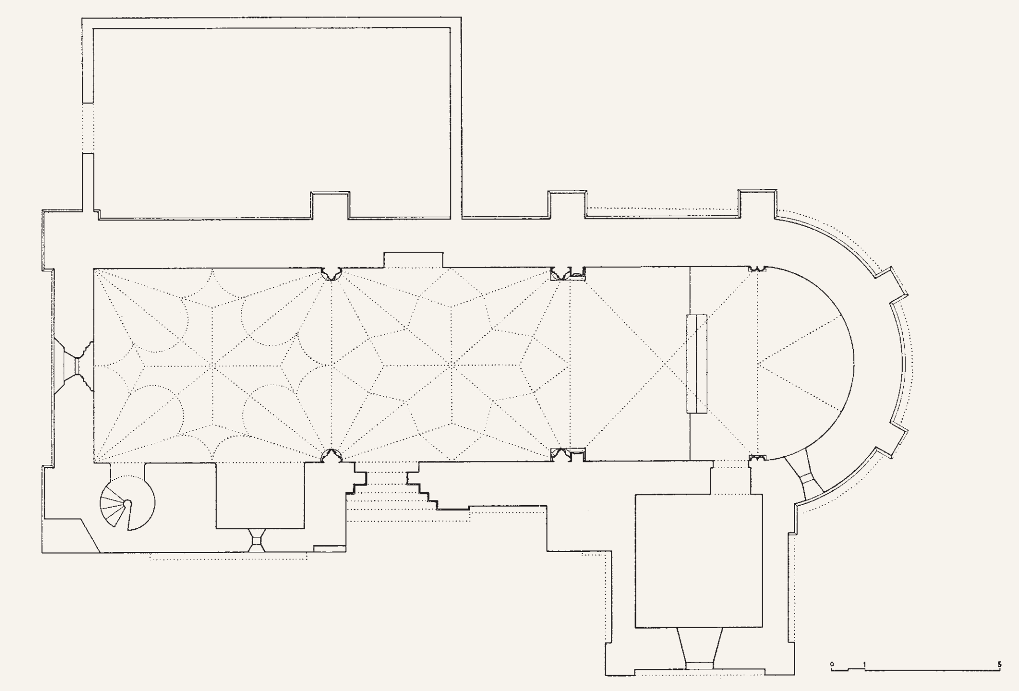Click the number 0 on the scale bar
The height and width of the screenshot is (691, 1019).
click(x=832, y=664)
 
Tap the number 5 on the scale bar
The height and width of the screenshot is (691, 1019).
click(x=999, y=664)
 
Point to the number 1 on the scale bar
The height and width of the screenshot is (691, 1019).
click(x=865, y=664)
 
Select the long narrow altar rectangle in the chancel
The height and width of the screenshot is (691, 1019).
click(x=697, y=364)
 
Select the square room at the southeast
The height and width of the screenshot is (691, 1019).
click(x=699, y=561)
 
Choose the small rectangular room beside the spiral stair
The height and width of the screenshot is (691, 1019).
click(x=260, y=495)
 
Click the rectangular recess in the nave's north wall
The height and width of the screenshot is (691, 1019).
click(x=413, y=260)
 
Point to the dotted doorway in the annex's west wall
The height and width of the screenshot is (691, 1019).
click(x=88, y=128)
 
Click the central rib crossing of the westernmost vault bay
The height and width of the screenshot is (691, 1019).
click(x=212, y=366)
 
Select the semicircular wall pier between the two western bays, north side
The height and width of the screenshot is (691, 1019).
click(x=332, y=273)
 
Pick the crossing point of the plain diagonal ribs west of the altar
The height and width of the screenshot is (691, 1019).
click(x=664, y=364)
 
